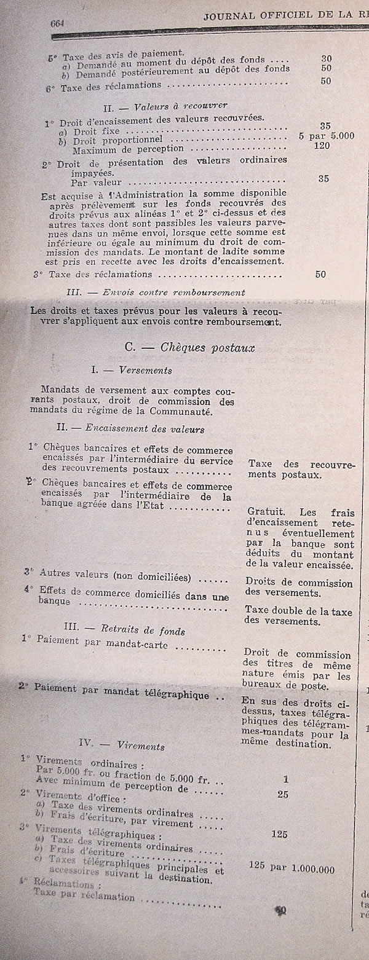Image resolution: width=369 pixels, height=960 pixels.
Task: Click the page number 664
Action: pyautogui.click(x=59, y=23)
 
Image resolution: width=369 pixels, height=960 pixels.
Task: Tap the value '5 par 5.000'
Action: pyautogui.click(x=326, y=136)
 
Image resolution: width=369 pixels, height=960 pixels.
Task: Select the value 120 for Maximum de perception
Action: pyautogui.click(x=321, y=146)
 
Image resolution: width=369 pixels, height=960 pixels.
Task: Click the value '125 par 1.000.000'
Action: pyautogui.click(x=292, y=868)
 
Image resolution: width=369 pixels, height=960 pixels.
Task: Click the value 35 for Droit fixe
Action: pyautogui.click(x=325, y=126)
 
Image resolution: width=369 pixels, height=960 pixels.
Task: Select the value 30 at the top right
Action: pyautogui.click(x=326, y=58)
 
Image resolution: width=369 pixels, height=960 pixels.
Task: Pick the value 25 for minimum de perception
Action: pyautogui.click(x=283, y=794)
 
